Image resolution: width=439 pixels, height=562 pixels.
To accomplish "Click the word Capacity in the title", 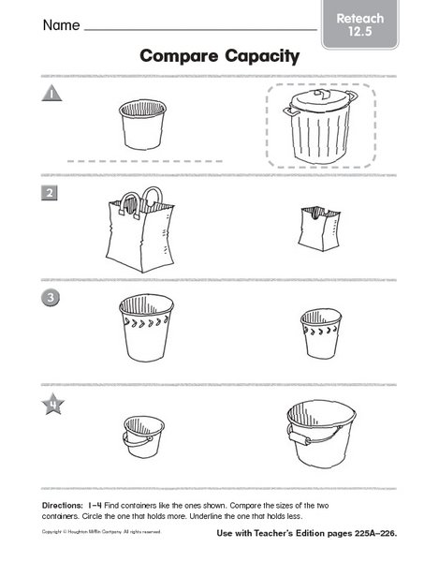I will point(261,56).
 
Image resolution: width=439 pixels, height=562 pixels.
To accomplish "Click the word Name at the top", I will point(58,26).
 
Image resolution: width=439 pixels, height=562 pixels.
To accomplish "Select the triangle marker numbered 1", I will point(50,94).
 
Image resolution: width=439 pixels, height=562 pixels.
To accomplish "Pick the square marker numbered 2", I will point(49,195).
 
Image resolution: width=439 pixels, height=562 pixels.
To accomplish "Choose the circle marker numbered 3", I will point(49,299).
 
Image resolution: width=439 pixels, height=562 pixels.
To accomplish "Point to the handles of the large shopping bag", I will point(150,200).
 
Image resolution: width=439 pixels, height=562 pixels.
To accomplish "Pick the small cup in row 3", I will point(319,332).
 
